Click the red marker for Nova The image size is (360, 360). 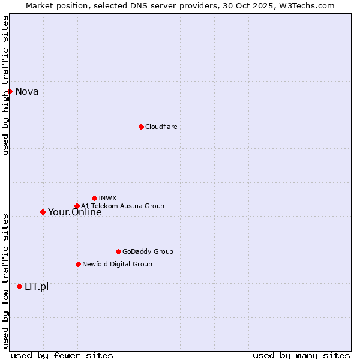10,91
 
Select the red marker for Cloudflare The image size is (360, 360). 141,127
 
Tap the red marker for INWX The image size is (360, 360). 94,198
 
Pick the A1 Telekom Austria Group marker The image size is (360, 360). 77,206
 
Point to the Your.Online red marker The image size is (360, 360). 43,212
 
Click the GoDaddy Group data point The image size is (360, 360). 118,251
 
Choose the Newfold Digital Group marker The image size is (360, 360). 78,264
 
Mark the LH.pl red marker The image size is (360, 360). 20,287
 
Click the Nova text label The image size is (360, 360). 27,92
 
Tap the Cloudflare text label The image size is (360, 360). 161,127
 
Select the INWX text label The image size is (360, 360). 108,198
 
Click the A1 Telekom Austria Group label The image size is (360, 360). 123,206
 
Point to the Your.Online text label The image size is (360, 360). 75,212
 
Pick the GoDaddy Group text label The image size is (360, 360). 148,252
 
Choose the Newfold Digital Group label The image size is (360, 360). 118,264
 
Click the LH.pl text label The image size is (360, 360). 37,287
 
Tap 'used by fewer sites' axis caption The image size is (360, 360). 62,356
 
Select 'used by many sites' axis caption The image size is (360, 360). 301,356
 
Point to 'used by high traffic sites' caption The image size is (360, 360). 5,85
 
